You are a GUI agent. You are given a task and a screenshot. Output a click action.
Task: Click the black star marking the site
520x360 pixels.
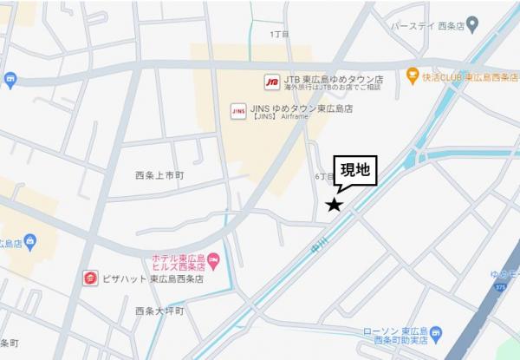click(334, 206)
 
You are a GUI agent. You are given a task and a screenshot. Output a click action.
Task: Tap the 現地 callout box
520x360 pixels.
click(355, 171)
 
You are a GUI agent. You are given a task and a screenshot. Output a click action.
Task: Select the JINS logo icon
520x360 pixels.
click(237, 110)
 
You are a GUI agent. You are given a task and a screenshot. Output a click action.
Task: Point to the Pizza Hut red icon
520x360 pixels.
click(89, 278)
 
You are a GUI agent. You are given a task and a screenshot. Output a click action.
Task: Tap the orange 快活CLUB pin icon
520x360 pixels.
click(413, 75)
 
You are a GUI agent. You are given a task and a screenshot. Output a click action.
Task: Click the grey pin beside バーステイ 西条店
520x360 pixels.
click(472, 23)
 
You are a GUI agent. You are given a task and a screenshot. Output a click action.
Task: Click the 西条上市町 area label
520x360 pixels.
click(160, 175)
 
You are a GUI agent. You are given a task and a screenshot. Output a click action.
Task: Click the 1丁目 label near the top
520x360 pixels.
click(280, 35)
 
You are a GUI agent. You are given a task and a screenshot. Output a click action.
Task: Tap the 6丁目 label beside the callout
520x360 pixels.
click(322, 176)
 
